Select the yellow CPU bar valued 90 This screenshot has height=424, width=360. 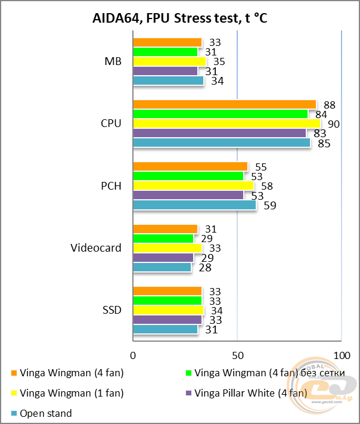(x=226, y=123)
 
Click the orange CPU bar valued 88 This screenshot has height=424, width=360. (x=224, y=104)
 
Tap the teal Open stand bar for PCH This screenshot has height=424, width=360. (x=194, y=205)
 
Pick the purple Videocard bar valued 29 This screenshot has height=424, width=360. (x=163, y=258)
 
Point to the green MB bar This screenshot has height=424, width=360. (x=165, y=52)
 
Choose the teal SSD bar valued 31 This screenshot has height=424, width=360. (x=165, y=329)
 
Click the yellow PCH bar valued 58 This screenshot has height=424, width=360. (x=193, y=186)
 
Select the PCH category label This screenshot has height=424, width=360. (x=111, y=186)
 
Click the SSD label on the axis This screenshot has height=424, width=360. (x=111, y=310)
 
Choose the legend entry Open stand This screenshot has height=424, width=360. (x=45, y=413)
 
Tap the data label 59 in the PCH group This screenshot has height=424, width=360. (x=269, y=206)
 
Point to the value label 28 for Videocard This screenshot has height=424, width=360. (x=204, y=268)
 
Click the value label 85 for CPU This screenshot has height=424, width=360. (x=322, y=144)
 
